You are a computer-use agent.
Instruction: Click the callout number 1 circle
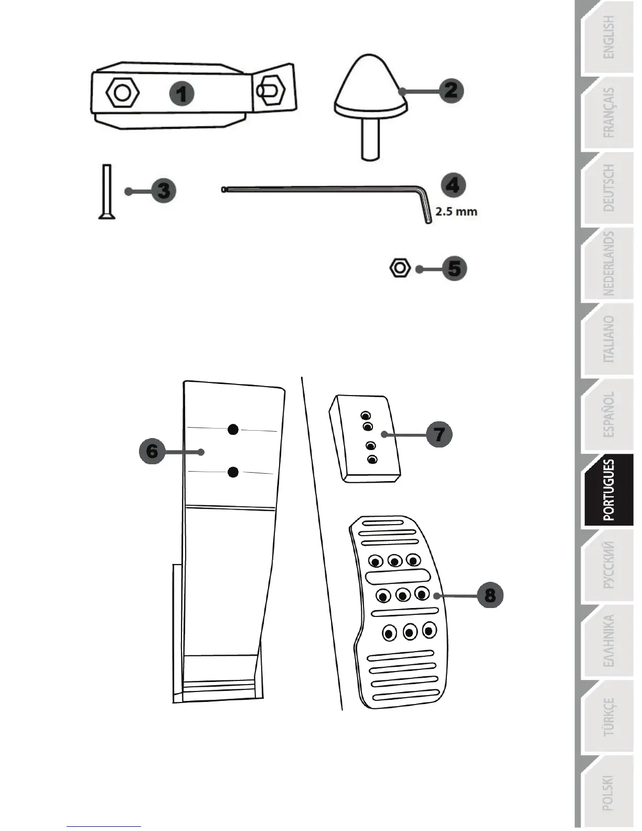pos(181,94)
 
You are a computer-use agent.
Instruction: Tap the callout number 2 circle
pos(451,90)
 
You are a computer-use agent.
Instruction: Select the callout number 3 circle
pos(164,190)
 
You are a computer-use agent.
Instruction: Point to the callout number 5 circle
pos(454,269)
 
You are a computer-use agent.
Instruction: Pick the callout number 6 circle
pos(152,451)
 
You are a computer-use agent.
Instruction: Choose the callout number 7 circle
pos(439,434)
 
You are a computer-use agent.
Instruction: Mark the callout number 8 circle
pos(490,595)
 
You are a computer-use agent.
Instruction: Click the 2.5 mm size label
pos(456,212)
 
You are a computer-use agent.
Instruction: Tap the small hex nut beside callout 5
pos(400,268)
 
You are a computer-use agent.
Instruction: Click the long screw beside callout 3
pos(106,191)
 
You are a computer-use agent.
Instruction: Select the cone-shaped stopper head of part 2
pos(371,84)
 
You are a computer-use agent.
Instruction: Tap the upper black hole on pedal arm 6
pos(233,430)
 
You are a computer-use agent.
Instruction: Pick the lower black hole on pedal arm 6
pos(233,472)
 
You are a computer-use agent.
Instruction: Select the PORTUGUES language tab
pos(608,490)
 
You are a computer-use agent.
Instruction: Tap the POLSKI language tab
pos(608,793)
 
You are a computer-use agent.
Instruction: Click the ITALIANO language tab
pos(608,340)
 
